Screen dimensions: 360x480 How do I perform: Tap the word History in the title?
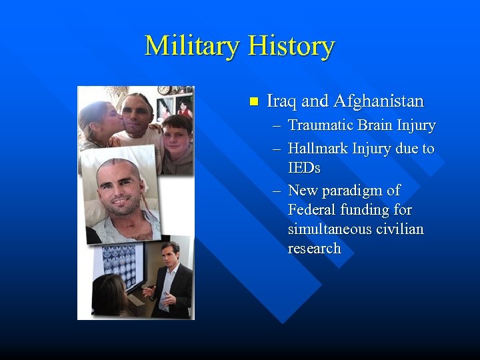291,46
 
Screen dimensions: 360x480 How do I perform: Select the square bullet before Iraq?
252,101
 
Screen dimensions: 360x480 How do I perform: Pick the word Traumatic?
319,125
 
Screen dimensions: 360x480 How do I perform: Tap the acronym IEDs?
304,167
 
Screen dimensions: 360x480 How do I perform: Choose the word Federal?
311,210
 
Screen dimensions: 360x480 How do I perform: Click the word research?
314,249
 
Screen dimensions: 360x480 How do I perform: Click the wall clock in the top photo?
164,90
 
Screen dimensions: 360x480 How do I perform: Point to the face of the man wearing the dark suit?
171,254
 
